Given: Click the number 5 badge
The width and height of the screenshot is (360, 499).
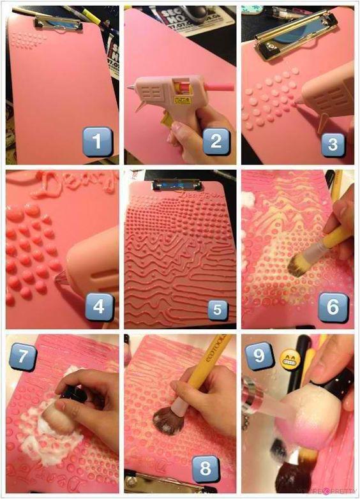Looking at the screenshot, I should pos(217,309).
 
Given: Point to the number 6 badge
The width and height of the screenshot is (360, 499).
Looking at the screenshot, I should pos(333,307).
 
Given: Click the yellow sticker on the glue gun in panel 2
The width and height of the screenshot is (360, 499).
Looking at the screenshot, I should pos(183,100).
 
